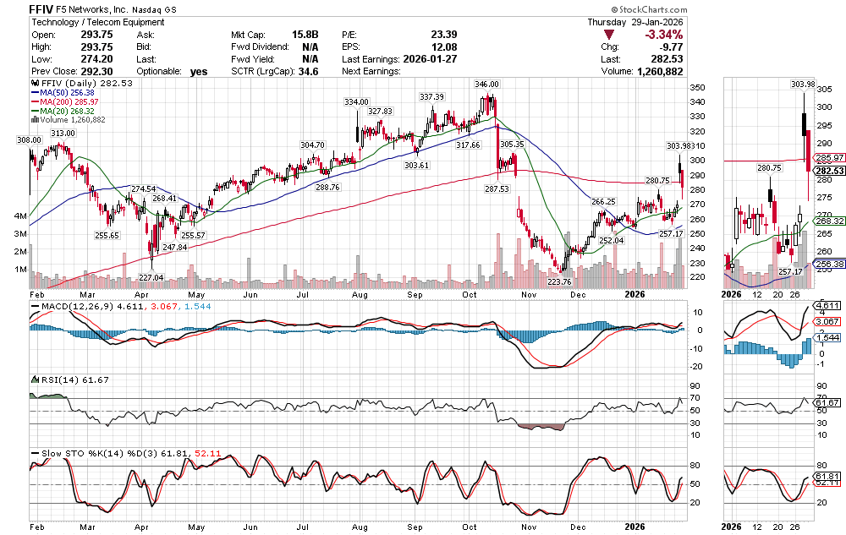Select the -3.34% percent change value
(x=665, y=35)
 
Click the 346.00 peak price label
(x=487, y=85)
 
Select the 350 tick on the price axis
(x=697, y=88)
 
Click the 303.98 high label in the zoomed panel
(x=778, y=85)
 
